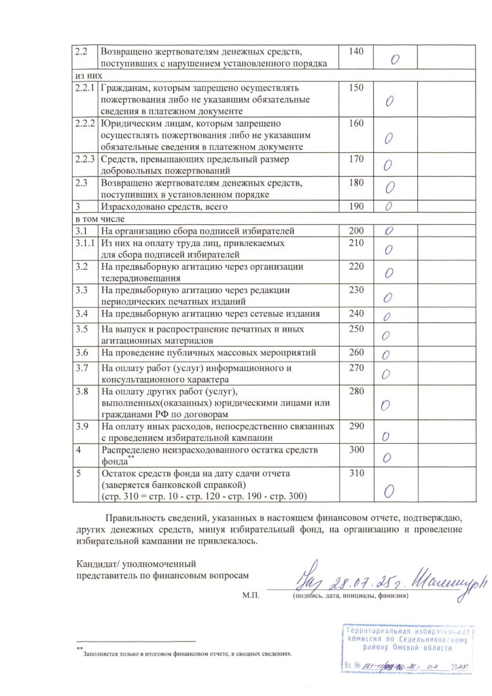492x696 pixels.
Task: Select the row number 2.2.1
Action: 84,88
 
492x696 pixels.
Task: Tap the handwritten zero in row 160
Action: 389,139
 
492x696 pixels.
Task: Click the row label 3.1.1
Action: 84,243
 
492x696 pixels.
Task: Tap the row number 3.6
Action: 82,352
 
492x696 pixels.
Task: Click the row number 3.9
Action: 82,426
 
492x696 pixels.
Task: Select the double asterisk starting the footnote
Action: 79,649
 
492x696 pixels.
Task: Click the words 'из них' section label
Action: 84,76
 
